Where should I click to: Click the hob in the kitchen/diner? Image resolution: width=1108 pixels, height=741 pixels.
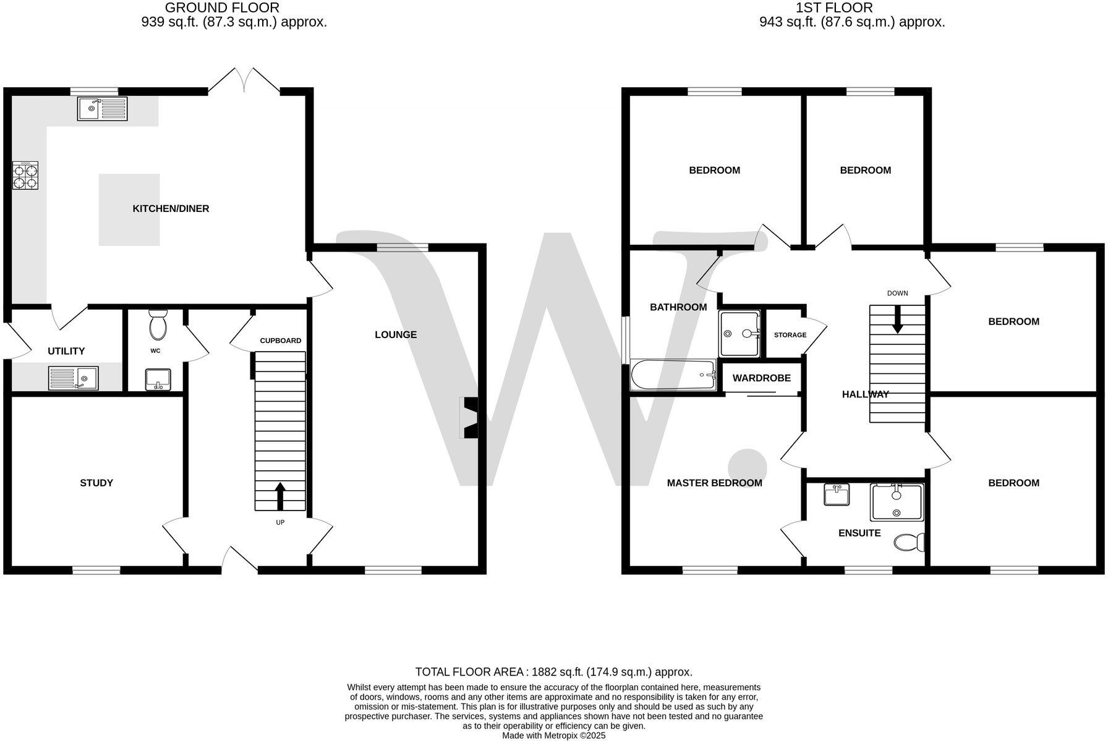pyautogui.click(x=25, y=176)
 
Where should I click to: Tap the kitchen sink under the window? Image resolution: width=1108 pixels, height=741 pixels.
pyautogui.click(x=102, y=109)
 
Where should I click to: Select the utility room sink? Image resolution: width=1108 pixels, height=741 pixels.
pyautogui.click(x=74, y=378)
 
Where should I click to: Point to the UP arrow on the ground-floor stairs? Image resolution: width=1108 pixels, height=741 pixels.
pyautogui.click(x=280, y=496)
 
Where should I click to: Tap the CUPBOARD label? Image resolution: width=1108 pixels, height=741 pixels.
pyautogui.click(x=280, y=341)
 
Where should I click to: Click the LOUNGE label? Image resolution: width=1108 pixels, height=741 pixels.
pyautogui.click(x=396, y=334)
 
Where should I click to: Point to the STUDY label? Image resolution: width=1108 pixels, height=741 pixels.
pyautogui.click(x=96, y=483)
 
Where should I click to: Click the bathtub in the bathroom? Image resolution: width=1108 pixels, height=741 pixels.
pyautogui.click(x=673, y=375)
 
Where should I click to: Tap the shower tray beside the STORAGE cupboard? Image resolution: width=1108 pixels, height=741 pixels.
pyautogui.click(x=739, y=334)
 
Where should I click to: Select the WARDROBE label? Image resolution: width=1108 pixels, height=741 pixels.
pyautogui.click(x=761, y=378)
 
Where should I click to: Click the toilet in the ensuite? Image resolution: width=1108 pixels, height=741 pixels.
pyautogui.click(x=909, y=542)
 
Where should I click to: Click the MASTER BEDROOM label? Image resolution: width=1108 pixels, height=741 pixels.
pyautogui.click(x=714, y=483)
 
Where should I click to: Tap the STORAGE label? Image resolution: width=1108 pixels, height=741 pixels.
pyautogui.click(x=790, y=335)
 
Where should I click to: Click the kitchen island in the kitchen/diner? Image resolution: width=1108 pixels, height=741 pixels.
pyautogui.click(x=129, y=209)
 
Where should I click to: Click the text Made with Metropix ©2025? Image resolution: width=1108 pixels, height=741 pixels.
pyautogui.click(x=553, y=735)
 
